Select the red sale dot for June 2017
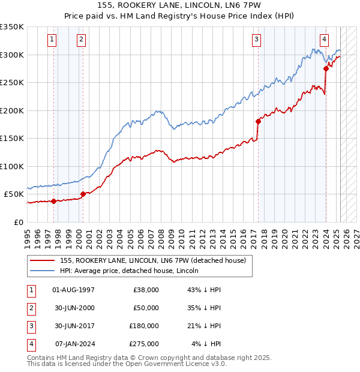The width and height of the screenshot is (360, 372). pyautogui.click(x=258, y=121)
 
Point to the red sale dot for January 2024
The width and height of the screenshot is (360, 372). pyautogui.click(x=326, y=68)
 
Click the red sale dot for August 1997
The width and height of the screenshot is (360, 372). pyautogui.click(x=53, y=201)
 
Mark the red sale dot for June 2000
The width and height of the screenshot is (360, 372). pyautogui.click(x=83, y=194)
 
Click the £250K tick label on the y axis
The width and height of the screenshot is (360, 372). pyautogui.click(x=11, y=82)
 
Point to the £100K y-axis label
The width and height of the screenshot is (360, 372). pyautogui.click(x=11, y=166)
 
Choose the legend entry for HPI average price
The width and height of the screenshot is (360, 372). pyautogui.click(x=130, y=271)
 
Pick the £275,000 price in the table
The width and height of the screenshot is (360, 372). pyautogui.click(x=144, y=344)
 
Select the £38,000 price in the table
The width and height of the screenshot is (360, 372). pyautogui.click(x=146, y=290)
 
